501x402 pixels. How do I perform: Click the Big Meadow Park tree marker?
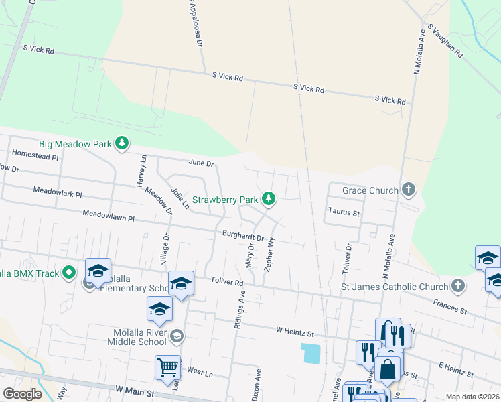tap(121, 143)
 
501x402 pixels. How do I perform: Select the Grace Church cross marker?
tap(409, 190)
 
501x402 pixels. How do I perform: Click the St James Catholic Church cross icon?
tap(457, 287)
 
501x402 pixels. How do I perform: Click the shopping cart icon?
tap(167, 366)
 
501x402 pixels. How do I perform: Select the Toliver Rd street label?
tap(227, 282)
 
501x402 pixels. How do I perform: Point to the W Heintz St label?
tap(295, 331)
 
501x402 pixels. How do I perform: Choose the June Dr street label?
tap(201, 163)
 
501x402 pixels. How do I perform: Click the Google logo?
tap(22, 394)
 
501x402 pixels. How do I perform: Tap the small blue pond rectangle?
tap(311, 353)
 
